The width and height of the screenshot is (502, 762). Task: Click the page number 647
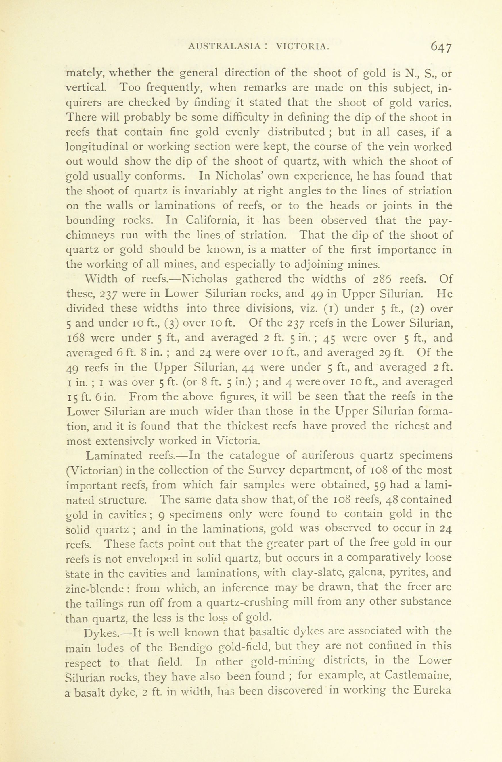pos(441,47)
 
